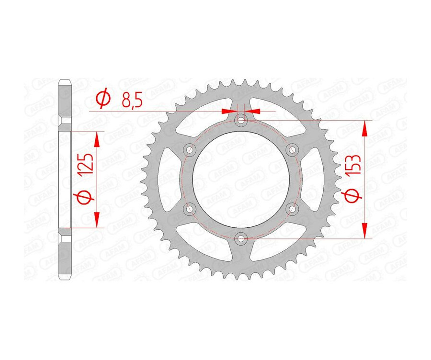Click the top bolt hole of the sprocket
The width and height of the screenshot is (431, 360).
tap(241, 119)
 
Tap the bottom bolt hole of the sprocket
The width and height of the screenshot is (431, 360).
tap(241, 237)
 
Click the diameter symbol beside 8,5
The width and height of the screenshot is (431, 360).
tap(103, 100)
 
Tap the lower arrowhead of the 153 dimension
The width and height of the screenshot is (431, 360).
tap(366, 232)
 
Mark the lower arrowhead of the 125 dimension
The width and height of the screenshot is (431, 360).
tap(97, 220)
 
